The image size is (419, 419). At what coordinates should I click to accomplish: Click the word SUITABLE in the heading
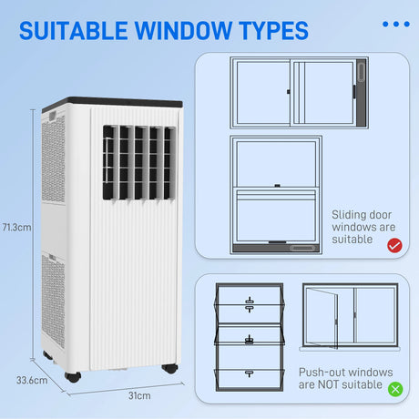coord(75,30)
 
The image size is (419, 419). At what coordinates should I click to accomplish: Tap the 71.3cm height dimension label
coord(18,227)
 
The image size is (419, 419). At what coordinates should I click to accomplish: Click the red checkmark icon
coord(394,245)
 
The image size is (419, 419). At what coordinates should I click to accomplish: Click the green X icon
coord(394,389)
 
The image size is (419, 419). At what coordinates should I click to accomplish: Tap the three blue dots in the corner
coord(395,24)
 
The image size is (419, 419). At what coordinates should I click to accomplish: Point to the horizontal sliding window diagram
coord(301,94)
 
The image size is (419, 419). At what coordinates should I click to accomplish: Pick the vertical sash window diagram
coord(276,193)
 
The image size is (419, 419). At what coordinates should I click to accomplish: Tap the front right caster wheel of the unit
coord(168,369)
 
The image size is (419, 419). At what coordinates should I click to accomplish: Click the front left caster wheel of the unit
coord(73,375)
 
